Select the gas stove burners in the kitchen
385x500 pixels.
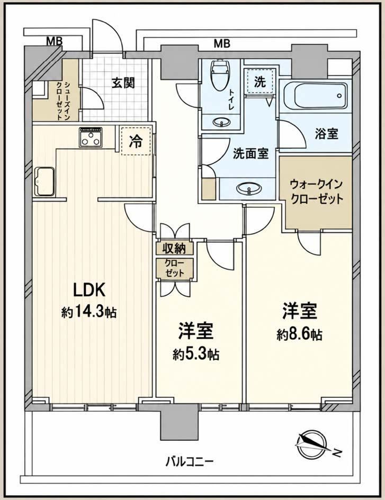click(x=91, y=137)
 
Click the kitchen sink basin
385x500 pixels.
click(x=44, y=180)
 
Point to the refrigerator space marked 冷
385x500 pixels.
click(x=136, y=141)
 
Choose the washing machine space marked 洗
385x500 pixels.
click(x=260, y=81)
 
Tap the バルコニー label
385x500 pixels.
click(x=189, y=461)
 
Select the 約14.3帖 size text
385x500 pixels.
click(x=89, y=312)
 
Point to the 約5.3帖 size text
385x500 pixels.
click(x=196, y=354)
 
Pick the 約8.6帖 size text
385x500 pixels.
click(x=299, y=334)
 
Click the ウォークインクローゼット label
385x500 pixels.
click(x=316, y=192)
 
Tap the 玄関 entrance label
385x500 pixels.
click(x=123, y=83)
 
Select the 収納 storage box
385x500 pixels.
click(x=175, y=248)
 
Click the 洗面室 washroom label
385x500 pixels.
click(x=250, y=154)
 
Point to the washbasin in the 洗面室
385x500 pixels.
click(x=247, y=188)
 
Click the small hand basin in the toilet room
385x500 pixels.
click(x=221, y=122)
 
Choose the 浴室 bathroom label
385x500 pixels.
click(x=326, y=134)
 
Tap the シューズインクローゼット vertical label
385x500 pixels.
click(x=63, y=100)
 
